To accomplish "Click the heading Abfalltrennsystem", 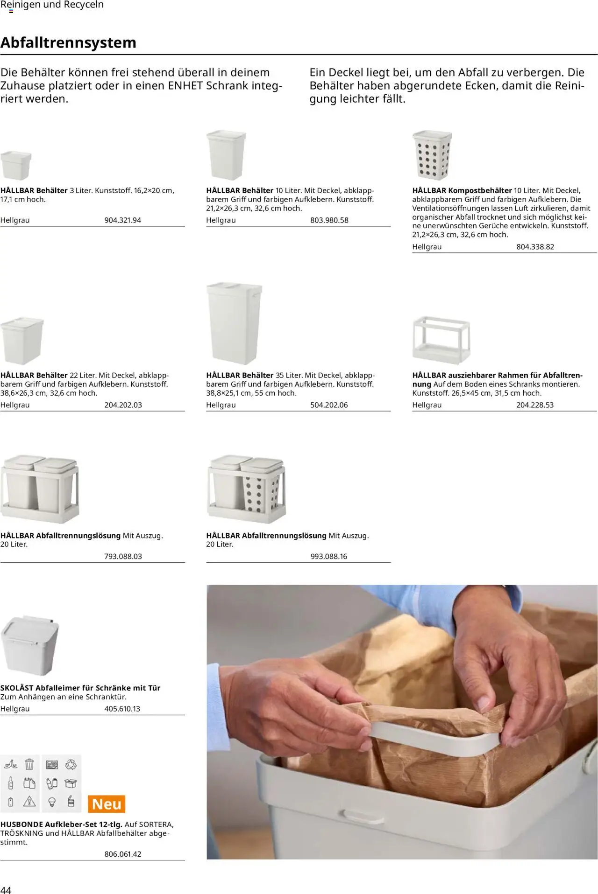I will coord(68,42).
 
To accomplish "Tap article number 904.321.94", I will coord(122,220).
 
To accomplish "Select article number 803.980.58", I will coord(329,220).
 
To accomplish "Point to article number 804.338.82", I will coord(535,247).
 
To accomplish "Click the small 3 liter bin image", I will coord(16,165).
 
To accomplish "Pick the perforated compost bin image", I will coord(432,155).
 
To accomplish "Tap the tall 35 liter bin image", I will coord(233,323).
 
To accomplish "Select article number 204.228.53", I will coord(534,405).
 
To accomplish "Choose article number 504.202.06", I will coord(329,405).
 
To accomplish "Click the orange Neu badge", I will coord(107,804).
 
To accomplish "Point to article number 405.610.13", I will coord(122,709).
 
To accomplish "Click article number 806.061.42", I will coord(122,854).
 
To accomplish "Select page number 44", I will coord(6,889).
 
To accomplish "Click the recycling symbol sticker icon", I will coord(71,764).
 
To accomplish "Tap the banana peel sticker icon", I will coord(10,764).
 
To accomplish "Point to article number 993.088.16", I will coord(329,556).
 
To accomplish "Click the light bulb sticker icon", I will coord(52,802).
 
